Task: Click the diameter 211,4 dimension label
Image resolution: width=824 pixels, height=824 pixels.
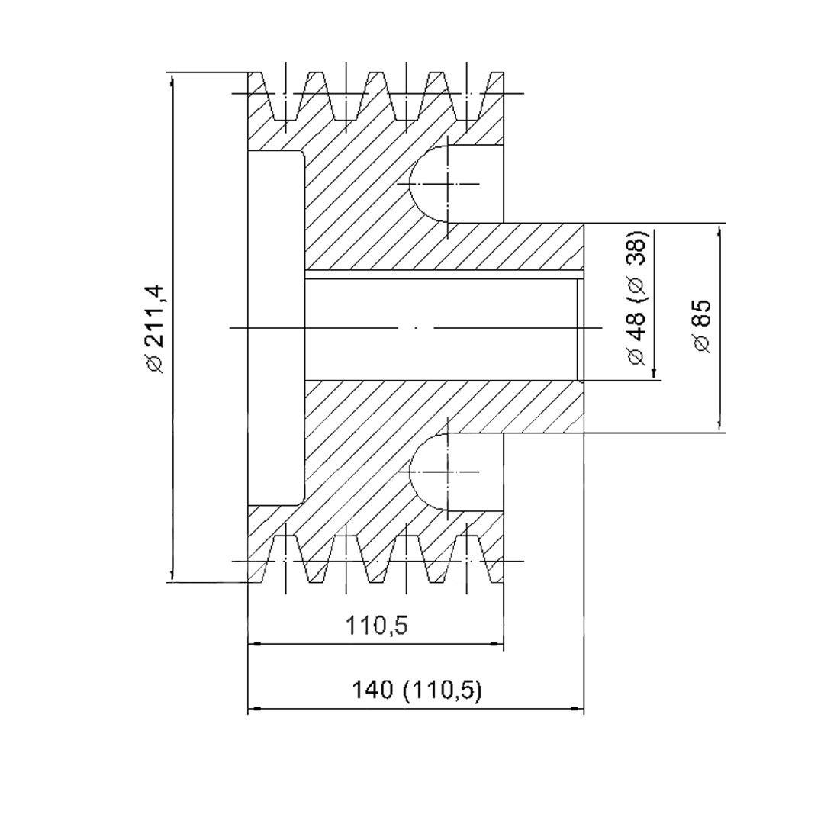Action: coord(156,330)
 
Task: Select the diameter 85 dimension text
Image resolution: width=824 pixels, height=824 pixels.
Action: coord(702,325)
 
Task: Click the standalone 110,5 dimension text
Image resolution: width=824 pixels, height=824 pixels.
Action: coord(376,626)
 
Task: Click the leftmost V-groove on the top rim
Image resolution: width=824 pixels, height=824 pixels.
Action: coord(286,95)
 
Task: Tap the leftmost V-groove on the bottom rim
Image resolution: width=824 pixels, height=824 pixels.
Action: coord(286,559)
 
